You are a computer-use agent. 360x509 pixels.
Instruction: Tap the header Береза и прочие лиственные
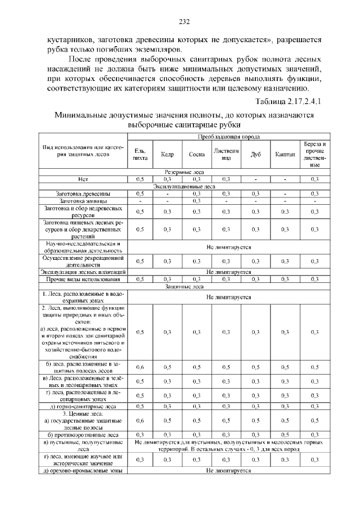[x=314, y=154]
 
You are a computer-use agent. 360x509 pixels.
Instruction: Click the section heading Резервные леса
[x=184, y=172]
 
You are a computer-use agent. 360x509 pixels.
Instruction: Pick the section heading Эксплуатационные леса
[x=184, y=186]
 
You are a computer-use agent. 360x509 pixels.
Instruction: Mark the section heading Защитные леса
[x=184, y=286]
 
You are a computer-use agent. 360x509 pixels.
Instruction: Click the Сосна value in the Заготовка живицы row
[x=197, y=200]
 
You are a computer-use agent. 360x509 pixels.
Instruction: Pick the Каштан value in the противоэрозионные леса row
[x=285, y=435]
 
